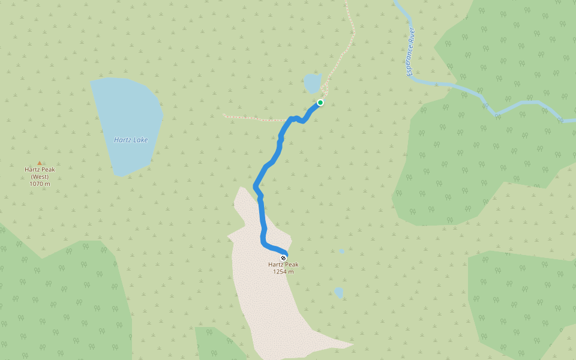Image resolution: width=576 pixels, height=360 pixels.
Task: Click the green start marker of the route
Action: click(x=320, y=103)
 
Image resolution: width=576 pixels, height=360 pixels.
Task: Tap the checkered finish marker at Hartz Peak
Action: click(x=283, y=258)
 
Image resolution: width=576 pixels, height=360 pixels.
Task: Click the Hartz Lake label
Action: click(x=131, y=140)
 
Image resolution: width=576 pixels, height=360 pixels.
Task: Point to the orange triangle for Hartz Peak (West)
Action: click(x=40, y=163)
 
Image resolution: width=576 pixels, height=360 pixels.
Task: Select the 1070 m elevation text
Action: click(x=40, y=184)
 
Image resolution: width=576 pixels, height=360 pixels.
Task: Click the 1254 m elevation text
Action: click(x=283, y=271)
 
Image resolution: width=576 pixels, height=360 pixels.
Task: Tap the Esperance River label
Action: click(x=411, y=51)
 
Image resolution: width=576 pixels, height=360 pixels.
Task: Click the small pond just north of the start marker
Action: click(x=313, y=83)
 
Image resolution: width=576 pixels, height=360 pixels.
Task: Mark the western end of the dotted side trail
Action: click(x=224, y=115)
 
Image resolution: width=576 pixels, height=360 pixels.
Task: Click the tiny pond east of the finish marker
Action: click(x=341, y=251)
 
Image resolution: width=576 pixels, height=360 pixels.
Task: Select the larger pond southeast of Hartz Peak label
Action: click(x=339, y=292)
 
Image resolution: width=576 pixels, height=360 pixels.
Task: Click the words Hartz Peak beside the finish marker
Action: click(x=283, y=265)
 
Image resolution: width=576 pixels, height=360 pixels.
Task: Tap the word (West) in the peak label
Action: click(x=40, y=176)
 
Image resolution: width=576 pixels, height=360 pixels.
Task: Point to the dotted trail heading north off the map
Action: click(x=348, y=9)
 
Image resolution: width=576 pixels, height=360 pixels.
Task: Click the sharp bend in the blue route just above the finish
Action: click(x=264, y=242)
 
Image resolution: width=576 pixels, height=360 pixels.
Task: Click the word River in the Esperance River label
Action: click(x=412, y=37)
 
